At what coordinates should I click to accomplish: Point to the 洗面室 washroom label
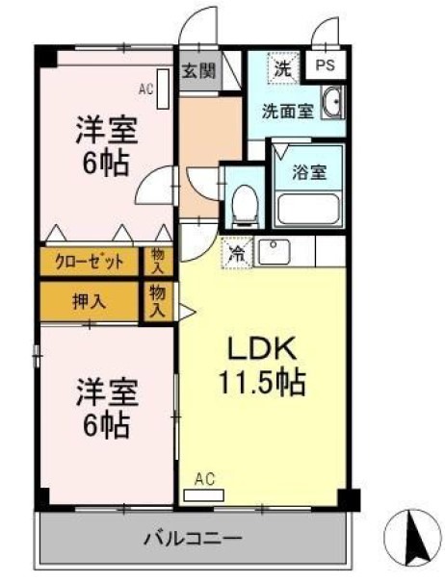click(x=287, y=110)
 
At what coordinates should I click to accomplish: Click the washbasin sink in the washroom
click(x=333, y=103)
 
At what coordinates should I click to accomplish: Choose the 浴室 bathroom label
click(x=309, y=174)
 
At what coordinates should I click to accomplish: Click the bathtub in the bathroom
click(x=307, y=208)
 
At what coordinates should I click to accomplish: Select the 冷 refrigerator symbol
click(x=236, y=253)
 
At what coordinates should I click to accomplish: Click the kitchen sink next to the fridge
click(x=275, y=253)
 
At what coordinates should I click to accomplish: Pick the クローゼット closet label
click(x=89, y=262)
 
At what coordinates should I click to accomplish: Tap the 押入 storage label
click(x=89, y=300)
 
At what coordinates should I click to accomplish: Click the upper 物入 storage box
click(x=158, y=261)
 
